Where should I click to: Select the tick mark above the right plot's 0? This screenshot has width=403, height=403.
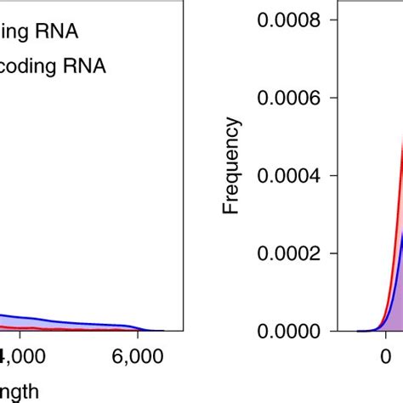click(x=383, y=336)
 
